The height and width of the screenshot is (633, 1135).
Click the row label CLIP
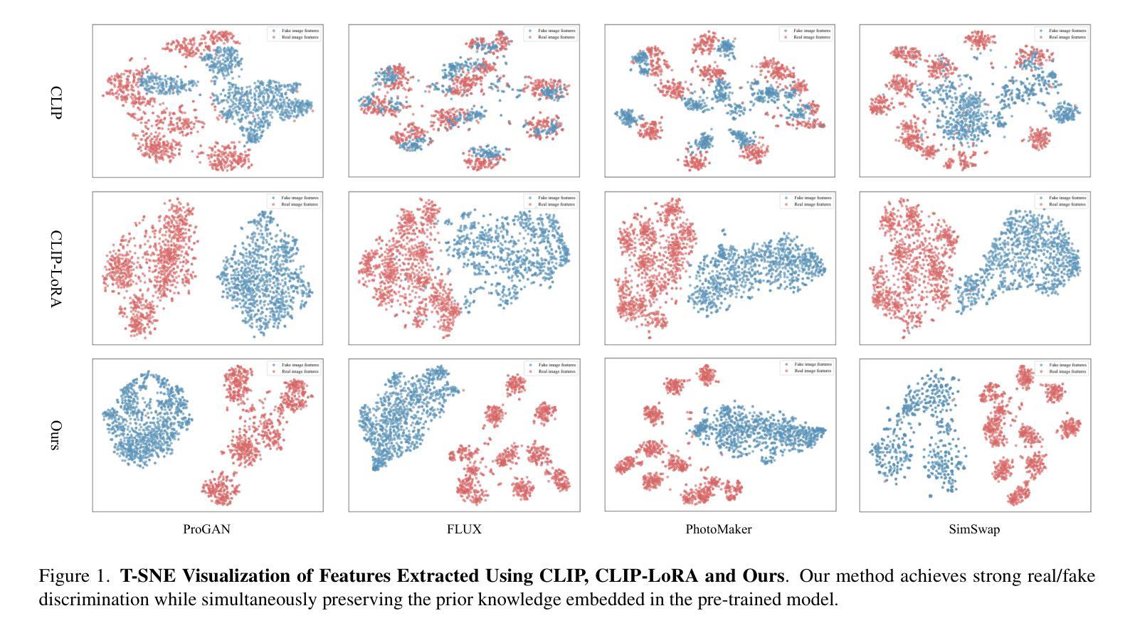56,102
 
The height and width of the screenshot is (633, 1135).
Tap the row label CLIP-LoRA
56,268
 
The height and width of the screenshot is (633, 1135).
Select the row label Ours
56,435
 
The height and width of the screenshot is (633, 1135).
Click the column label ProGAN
206,529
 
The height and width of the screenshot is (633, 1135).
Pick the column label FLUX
464,529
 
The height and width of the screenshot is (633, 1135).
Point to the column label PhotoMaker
719,529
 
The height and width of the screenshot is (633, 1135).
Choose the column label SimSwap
974,529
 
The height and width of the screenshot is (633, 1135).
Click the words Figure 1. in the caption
74,575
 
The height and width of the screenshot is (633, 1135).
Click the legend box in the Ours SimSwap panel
1062,368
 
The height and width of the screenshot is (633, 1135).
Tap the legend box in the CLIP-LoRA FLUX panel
551,201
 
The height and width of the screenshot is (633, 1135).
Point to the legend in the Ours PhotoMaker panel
806,368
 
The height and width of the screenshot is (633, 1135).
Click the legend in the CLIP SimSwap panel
1062,34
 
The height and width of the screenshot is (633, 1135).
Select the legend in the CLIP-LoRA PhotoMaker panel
806,201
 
